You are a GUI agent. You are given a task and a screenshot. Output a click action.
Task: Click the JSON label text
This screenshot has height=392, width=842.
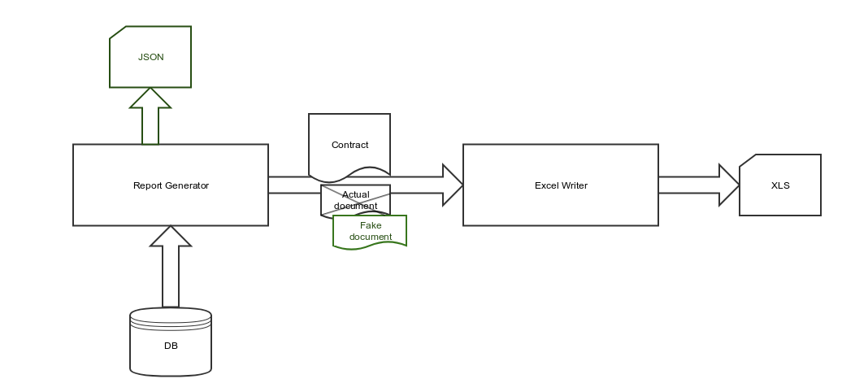coord(150,57)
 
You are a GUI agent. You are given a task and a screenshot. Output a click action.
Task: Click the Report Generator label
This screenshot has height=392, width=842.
coord(171,185)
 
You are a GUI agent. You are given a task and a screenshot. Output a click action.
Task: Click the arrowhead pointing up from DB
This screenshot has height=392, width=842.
coord(171,236)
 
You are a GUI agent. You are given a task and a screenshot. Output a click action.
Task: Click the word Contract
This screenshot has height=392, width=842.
coord(349,145)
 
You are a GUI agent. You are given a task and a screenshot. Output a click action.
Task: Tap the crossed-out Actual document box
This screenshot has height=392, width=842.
coord(356,200)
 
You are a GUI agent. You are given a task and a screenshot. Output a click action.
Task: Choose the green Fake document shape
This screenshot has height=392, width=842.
coord(370,231)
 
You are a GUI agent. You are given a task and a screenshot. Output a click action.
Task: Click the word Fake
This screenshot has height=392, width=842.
coord(371,225)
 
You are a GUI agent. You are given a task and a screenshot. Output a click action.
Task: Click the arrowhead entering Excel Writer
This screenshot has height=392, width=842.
coord(452,185)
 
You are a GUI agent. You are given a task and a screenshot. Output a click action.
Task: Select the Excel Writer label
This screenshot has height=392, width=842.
coord(561,185)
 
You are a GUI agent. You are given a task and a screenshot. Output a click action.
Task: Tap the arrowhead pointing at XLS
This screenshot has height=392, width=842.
coord(729,185)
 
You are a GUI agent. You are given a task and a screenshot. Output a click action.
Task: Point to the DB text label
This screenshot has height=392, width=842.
coord(171,346)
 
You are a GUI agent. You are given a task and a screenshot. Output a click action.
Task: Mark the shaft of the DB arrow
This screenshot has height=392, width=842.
coord(171,277)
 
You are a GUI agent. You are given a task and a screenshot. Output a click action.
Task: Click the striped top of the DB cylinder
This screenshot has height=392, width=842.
coord(171,317)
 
